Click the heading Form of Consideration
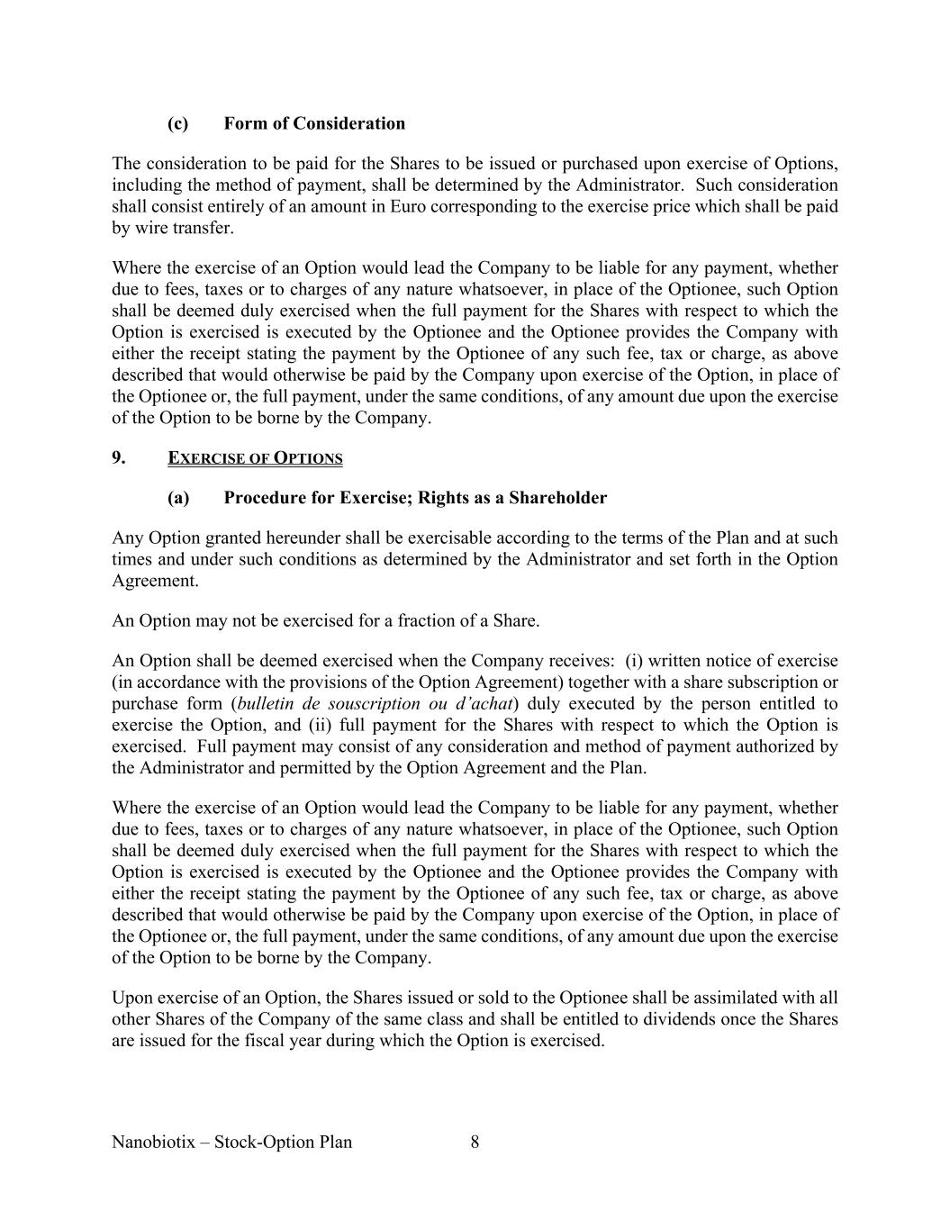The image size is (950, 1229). coord(314,123)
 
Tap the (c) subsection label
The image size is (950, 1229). coord(177,123)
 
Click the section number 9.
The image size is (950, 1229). coord(119,457)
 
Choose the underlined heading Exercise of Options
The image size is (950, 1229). coord(255,458)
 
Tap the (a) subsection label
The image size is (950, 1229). coord(177,498)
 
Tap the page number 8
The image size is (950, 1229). coord(475,1143)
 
